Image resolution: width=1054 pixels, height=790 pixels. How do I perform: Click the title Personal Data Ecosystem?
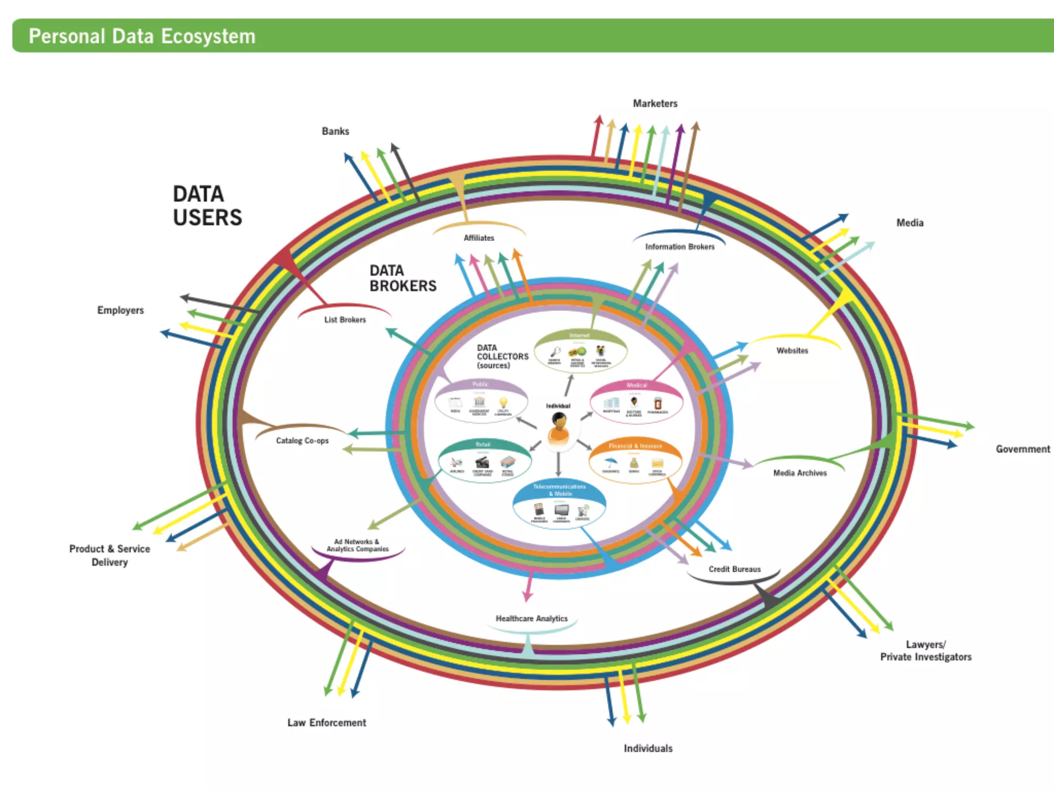click(x=142, y=37)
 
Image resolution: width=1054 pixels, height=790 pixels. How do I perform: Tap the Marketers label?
click(x=655, y=103)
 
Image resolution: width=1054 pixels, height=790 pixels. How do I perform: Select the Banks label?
click(x=335, y=131)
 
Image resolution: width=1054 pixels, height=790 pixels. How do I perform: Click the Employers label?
click(x=120, y=310)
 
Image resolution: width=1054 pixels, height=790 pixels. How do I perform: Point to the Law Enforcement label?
click(x=326, y=723)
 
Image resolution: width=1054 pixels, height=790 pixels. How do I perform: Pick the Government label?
click(x=1023, y=449)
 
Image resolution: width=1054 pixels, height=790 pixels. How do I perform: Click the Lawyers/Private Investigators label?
click(x=925, y=651)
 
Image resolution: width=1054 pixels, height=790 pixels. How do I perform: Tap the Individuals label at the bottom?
click(x=647, y=748)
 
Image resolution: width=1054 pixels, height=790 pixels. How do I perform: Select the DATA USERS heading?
click(x=207, y=206)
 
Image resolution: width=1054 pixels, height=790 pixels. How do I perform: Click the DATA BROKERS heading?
click(x=402, y=278)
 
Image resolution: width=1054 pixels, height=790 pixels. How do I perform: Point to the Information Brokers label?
click(x=679, y=247)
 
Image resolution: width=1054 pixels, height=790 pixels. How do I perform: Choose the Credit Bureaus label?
click(x=734, y=569)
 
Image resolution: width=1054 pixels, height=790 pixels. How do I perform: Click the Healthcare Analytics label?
click(x=531, y=618)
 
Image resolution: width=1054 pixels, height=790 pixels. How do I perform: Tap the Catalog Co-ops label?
click(x=302, y=441)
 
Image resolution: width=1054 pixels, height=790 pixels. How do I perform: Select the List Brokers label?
click(x=345, y=319)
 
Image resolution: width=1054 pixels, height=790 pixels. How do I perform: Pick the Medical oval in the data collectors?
click(x=636, y=402)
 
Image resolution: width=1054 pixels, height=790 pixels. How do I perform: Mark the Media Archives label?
click(x=799, y=473)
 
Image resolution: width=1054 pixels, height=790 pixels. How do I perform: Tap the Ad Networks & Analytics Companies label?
click(x=357, y=545)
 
